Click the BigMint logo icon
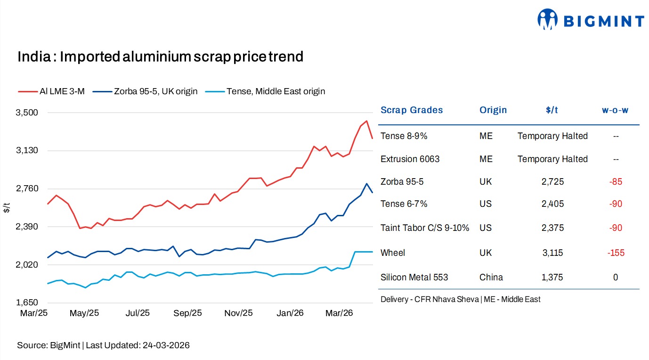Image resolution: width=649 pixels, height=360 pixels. click(x=547, y=20)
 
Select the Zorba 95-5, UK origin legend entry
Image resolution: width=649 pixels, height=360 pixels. click(x=146, y=91)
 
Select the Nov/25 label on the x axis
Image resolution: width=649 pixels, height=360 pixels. click(x=239, y=313)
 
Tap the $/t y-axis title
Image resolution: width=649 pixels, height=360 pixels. click(x=6, y=207)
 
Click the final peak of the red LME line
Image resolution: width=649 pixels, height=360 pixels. click(x=366, y=121)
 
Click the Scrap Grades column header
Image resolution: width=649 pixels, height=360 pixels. click(x=412, y=110)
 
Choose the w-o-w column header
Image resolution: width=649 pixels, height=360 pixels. click(x=615, y=110)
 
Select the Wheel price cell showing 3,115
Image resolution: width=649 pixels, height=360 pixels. click(x=552, y=253)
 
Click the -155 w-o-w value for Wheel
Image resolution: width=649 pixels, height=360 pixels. click(x=615, y=253)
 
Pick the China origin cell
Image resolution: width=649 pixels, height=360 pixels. click(x=491, y=278)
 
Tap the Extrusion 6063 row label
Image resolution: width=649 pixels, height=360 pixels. click(x=410, y=159)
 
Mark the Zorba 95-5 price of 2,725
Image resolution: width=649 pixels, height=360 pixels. click(x=552, y=182)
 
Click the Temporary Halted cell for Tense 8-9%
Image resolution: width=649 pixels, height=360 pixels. click(x=552, y=136)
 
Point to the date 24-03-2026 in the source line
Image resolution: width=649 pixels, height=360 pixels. click(x=165, y=345)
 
